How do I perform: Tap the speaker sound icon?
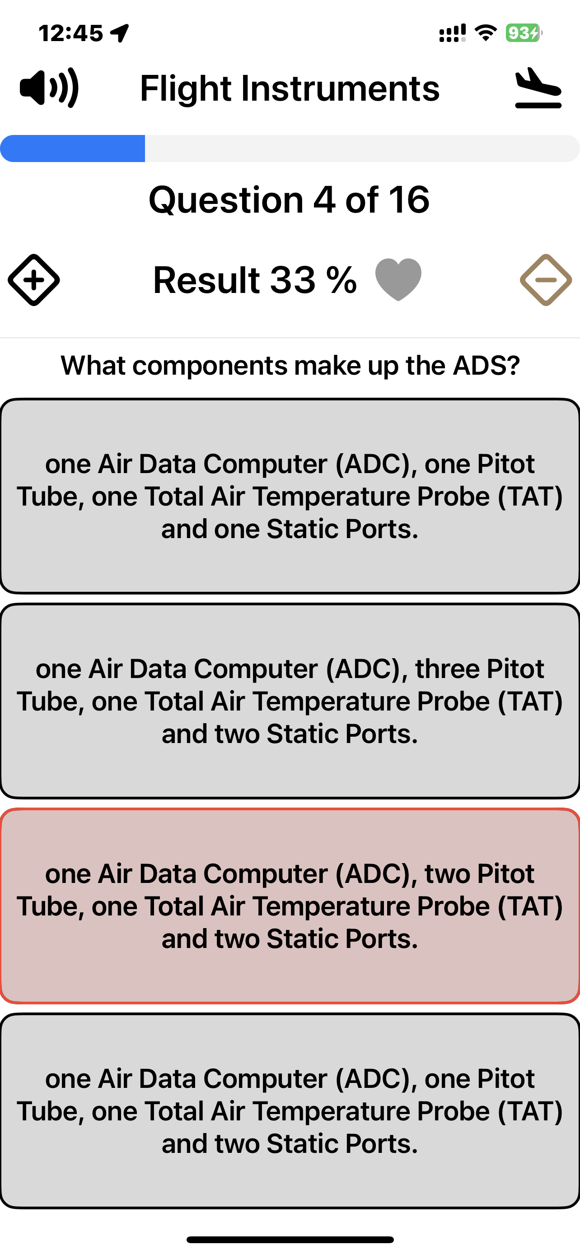pos(49,88)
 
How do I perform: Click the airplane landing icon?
pos(538,88)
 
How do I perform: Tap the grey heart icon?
pos(398,279)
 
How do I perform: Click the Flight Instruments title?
pos(290,88)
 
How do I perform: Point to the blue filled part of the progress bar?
pos(73,148)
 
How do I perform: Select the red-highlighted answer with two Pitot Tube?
pos(290,906)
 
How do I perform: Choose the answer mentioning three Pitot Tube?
pos(290,701)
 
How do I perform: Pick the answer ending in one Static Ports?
pos(290,496)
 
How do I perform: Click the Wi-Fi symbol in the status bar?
pos(486,33)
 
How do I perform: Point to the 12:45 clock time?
pos(71,33)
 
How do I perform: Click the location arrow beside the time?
pos(120,33)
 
